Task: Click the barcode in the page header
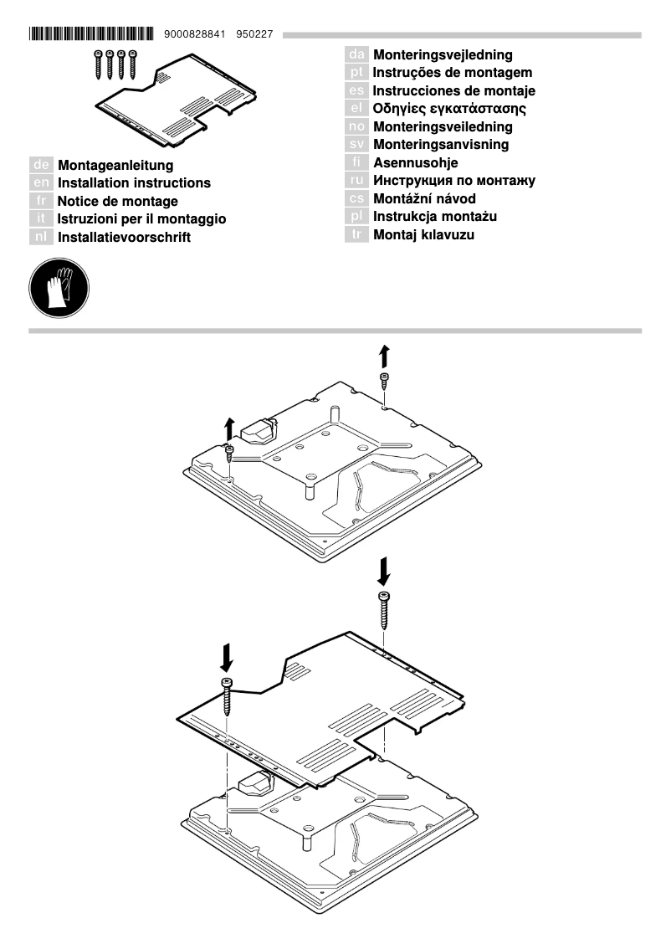(90, 34)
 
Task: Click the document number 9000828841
(195, 34)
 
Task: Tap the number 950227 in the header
(257, 34)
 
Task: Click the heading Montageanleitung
(115, 166)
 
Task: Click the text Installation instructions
(134, 183)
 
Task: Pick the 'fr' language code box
(42, 202)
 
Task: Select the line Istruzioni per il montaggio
(141, 219)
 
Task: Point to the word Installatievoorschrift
(124, 238)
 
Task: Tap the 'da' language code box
(357, 55)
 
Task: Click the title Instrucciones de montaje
(453, 91)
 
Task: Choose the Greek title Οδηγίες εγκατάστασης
(449, 109)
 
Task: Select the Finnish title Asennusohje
(415, 163)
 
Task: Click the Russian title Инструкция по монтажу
(453, 181)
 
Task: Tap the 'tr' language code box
(357, 235)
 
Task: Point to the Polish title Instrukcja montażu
(435, 217)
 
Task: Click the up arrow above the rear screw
(383, 355)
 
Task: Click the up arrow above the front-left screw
(229, 427)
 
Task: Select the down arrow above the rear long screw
(383, 572)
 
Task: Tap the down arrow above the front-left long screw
(227, 657)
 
